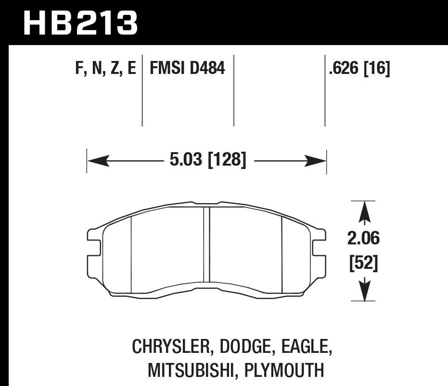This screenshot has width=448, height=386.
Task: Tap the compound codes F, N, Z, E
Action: coord(105,68)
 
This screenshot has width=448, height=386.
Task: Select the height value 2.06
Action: coord(364,238)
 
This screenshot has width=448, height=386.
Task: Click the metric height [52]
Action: coord(364,263)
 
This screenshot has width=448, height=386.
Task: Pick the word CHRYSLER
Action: coord(169,346)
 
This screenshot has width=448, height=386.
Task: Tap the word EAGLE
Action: coord(306,346)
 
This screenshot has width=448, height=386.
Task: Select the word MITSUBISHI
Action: coord(191,370)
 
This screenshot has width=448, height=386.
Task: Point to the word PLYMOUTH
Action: coord(284,370)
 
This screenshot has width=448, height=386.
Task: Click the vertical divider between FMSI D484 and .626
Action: coord(233,91)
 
